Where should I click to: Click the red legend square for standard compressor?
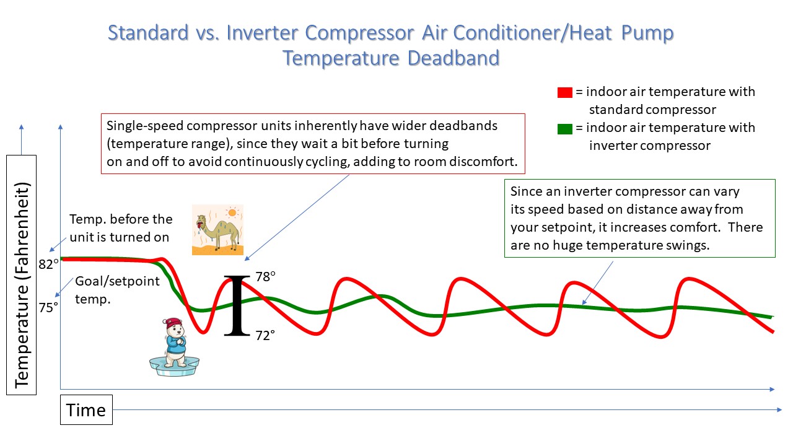tap(564, 92)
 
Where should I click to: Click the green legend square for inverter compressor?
tap(564, 129)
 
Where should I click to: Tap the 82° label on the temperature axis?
tap(48, 264)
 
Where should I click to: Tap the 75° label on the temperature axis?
tap(48, 307)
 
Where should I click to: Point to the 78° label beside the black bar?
tap(266, 276)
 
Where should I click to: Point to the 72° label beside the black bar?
tap(265, 335)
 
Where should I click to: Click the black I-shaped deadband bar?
tap(237, 305)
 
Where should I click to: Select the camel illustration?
tap(217, 230)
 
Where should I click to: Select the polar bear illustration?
tap(174, 346)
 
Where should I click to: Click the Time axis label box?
tap(86, 410)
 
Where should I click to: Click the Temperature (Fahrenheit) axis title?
tap(22, 286)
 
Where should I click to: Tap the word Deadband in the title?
tap(453, 58)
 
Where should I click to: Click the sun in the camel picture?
tap(232, 212)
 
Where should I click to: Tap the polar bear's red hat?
tap(173, 323)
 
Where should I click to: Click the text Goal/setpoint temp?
tap(118, 290)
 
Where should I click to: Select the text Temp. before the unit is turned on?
tap(121, 228)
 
